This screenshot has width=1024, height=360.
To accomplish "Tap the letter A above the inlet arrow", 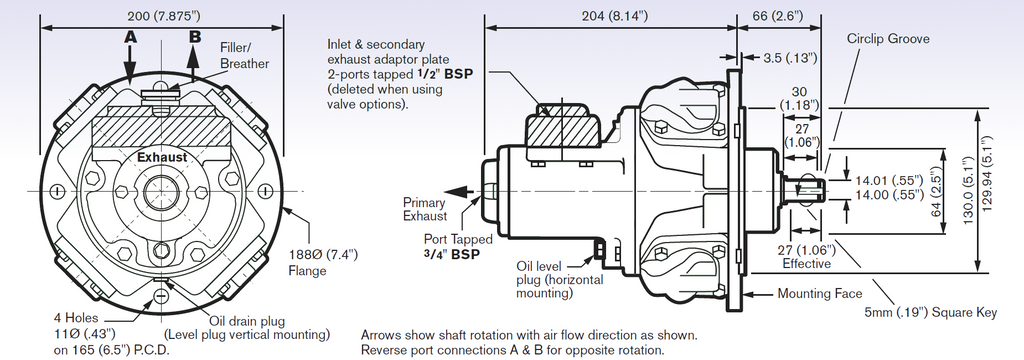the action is (131, 37).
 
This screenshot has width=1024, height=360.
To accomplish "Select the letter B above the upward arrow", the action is (195, 37).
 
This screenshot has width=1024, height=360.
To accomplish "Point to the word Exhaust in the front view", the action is (162, 157).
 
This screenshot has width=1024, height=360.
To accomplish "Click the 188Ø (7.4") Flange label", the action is (323, 261).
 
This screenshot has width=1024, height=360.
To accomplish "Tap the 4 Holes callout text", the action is (76, 318).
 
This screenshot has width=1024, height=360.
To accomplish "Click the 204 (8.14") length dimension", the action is (615, 16).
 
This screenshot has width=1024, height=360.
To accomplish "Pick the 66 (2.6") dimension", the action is (778, 16).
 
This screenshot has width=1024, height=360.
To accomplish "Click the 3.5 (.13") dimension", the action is (790, 57).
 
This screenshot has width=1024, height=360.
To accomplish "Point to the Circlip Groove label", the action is (888, 39).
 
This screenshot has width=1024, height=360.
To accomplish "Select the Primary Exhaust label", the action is (425, 209).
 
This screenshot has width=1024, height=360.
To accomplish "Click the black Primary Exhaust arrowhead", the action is (462, 191).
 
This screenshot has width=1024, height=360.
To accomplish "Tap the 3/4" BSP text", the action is (451, 254).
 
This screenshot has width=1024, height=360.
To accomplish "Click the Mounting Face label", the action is (820, 293).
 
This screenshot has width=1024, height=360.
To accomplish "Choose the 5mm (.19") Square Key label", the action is (931, 313).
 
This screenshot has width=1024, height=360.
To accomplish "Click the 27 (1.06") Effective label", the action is (809, 256).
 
